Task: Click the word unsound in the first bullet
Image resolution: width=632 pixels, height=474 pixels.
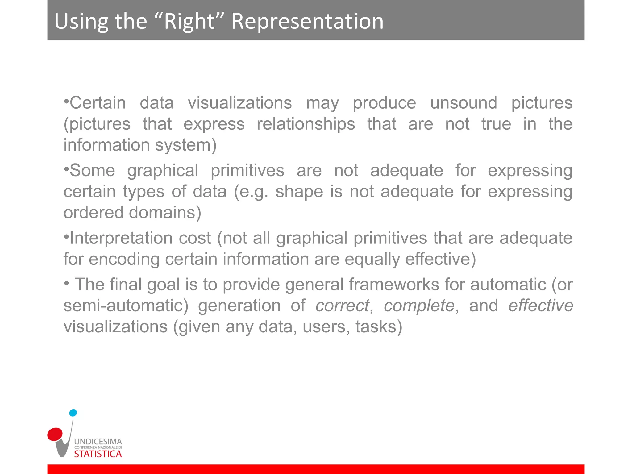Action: tap(464, 103)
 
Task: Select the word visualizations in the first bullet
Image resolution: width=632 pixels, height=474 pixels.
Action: tap(240, 103)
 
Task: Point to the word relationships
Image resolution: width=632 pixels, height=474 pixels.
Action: tap(306, 124)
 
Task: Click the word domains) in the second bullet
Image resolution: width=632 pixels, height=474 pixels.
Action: tap(165, 212)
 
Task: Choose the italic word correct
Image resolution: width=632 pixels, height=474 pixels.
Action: tap(342, 306)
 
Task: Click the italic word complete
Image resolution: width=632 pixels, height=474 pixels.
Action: tap(419, 306)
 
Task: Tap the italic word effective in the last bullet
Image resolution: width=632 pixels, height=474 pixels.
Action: tap(540, 306)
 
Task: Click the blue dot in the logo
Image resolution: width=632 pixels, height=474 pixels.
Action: tap(73, 413)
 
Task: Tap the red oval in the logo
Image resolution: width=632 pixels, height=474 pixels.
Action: tap(55, 434)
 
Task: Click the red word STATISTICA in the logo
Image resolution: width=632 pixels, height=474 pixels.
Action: tap(98, 454)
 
